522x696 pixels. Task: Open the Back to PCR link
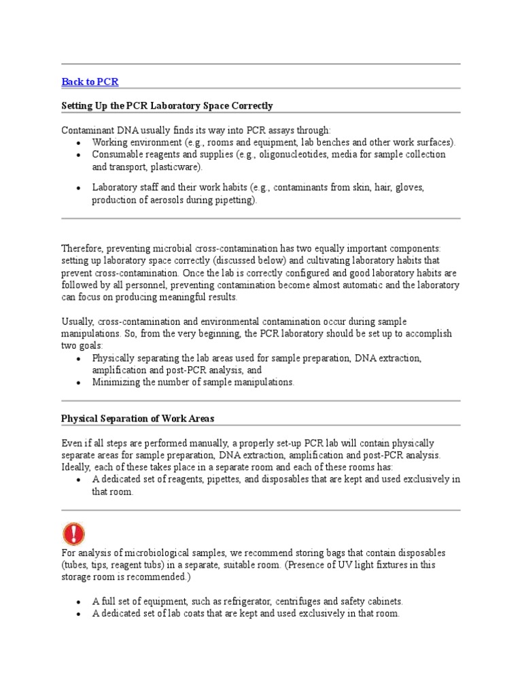click(90, 82)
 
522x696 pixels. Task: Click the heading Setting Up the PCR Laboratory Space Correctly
click(167, 106)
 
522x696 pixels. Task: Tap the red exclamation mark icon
click(73, 534)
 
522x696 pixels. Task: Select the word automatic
click(363, 285)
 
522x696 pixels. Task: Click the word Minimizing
click(116, 382)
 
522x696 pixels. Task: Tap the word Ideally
click(77, 467)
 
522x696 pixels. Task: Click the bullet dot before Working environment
click(79, 143)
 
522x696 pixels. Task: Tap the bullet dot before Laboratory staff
click(79, 188)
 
